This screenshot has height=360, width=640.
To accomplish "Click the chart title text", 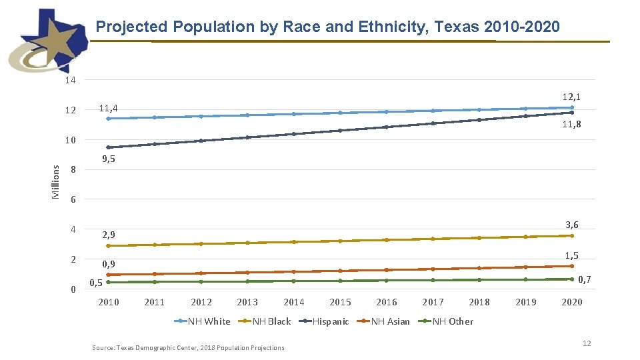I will coord(327,27).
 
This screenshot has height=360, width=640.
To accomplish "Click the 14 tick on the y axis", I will coord(70,80).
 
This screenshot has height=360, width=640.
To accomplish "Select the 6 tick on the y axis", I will coord(73,200).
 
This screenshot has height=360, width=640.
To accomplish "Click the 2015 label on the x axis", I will coord(340,302).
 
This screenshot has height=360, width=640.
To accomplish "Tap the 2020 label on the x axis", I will coord(571,302).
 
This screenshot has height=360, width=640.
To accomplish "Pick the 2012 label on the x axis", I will coord(201,302).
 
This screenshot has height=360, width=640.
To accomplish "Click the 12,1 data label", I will coord(571,97).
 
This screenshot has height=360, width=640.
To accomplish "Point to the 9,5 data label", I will coord(108,159).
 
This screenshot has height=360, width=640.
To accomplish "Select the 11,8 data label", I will coord(571,124).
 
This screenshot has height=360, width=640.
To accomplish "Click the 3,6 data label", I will coord(571,225).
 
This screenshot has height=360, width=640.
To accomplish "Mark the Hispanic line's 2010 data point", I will coord(108,147).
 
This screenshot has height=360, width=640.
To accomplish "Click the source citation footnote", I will coord(188,347).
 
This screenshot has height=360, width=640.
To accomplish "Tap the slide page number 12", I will coord(587,343).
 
